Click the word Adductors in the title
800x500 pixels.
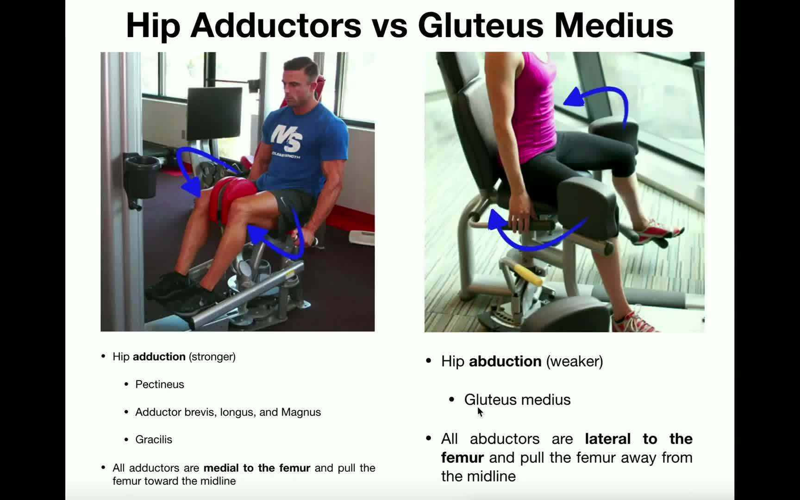pyautogui.click(x=275, y=25)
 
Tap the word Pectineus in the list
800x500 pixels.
pyautogui.click(x=159, y=384)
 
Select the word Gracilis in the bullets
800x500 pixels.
pyautogui.click(x=153, y=439)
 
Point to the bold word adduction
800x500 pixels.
pyautogui.click(x=159, y=356)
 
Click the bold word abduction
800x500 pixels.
pyautogui.click(x=505, y=361)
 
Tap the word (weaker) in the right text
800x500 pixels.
pyautogui.click(x=575, y=361)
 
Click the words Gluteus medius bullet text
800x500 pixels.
pyautogui.click(x=517, y=400)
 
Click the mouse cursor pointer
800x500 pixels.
pyautogui.click(x=480, y=412)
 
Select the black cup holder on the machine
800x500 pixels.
pyautogui.click(x=141, y=176)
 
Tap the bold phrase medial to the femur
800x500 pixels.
pyautogui.click(x=257, y=468)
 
